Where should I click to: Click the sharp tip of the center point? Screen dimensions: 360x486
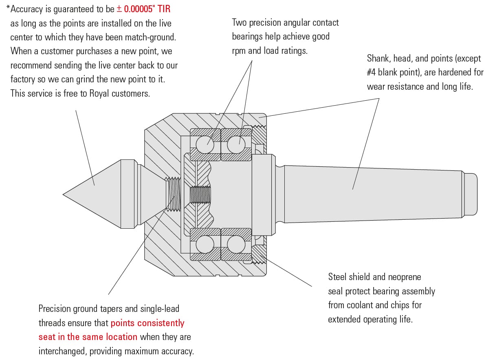[64, 194]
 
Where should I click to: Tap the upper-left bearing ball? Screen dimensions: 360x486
[205, 144]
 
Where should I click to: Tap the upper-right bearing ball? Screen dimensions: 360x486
[236, 144]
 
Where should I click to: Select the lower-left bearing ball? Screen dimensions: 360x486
[205, 244]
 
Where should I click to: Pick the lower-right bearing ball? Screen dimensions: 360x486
[236, 244]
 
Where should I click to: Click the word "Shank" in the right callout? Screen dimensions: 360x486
[379, 59]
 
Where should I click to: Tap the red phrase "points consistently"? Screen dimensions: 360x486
[147, 323]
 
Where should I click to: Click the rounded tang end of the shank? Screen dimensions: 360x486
[471, 194]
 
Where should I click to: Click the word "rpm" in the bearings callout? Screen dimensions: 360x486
[239, 51]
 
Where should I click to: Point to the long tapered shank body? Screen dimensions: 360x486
[367, 194]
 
